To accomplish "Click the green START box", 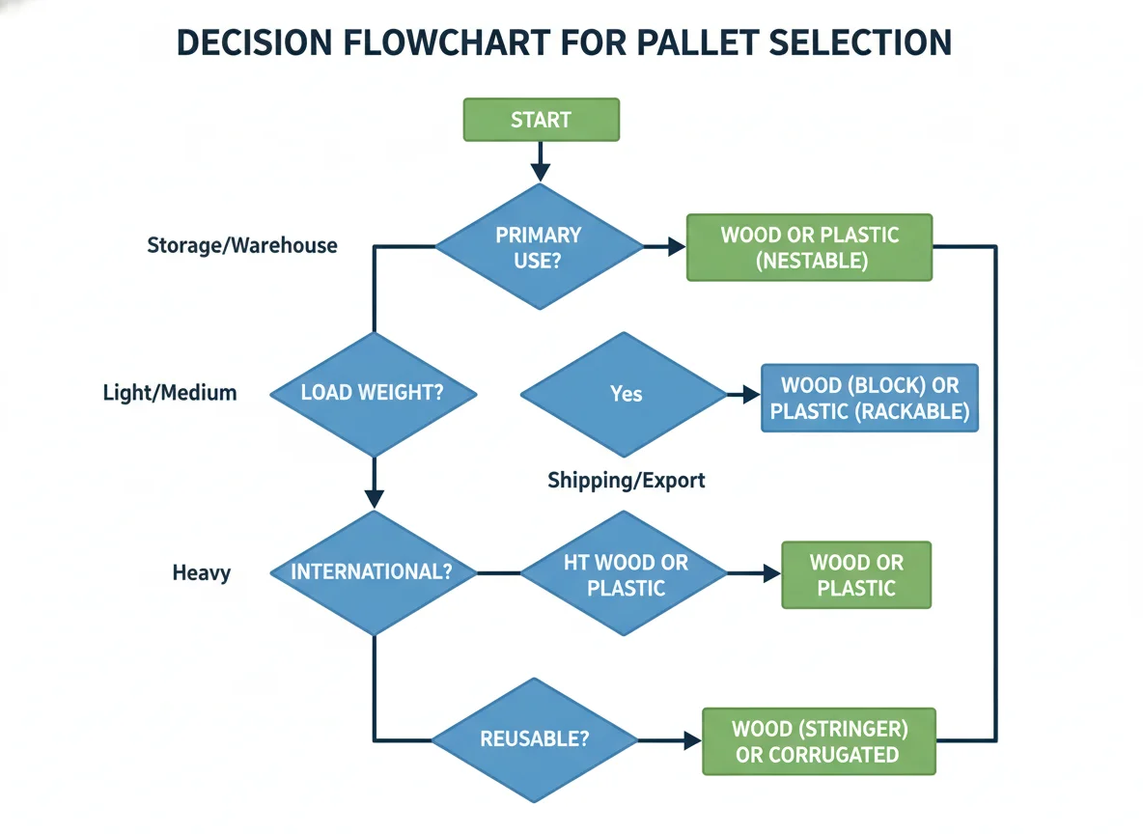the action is pos(541,120).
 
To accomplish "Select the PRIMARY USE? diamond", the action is pos(540,246).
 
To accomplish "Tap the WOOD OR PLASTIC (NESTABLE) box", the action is pos(809,247).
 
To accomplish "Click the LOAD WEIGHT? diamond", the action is pos(374,395).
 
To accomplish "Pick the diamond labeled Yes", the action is pos(624,395).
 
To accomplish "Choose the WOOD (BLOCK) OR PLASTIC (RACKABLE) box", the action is pos(870,398).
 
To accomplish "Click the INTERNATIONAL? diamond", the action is pos(374,572).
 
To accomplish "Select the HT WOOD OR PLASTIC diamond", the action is pos(624,573).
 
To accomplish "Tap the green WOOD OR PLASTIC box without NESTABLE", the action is pos(856,575).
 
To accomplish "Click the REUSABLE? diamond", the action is pos(535,740).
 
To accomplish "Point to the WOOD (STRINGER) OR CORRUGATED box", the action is pos(819,741).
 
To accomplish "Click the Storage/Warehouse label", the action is pos(242,246).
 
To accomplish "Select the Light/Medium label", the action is pos(170,393).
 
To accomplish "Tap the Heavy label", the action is pos(201,573).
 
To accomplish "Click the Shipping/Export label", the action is pos(627,481).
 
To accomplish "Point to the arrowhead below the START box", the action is pos(541,171).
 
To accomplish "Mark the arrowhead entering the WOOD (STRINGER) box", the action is pos(692,740).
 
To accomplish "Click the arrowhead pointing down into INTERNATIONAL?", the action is pos(374,499).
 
